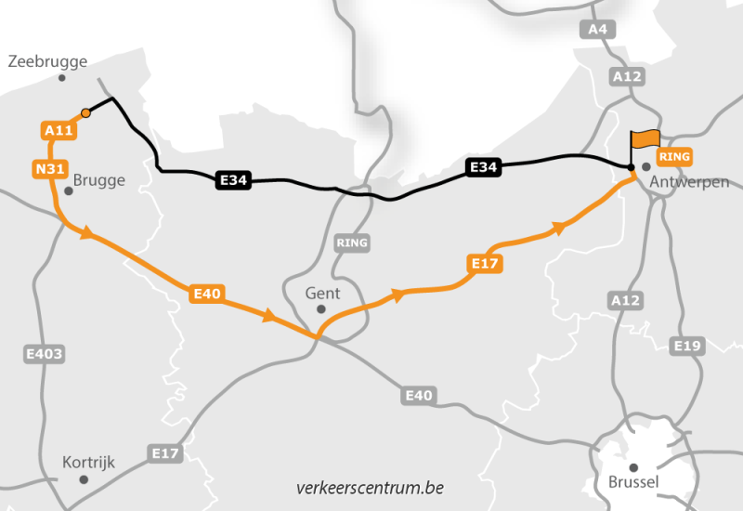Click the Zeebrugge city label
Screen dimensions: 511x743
pyautogui.click(x=47, y=61)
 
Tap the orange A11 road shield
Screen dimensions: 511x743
pyautogui.click(x=59, y=131)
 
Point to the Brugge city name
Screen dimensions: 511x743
pyautogui.click(x=98, y=180)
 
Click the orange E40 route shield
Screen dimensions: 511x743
pyautogui.click(x=206, y=294)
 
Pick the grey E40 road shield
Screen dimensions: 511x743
pyautogui.click(x=419, y=396)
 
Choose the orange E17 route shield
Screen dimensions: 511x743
pyautogui.click(x=486, y=265)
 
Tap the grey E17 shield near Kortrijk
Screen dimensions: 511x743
pyautogui.click(x=165, y=452)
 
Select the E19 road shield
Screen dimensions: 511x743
pyautogui.click(x=687, y=346)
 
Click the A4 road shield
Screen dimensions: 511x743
pyautogui.click(x=598, y=30)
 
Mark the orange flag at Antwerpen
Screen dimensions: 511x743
pyautogui.click(x=645, y=139)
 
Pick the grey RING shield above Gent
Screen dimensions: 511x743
pyautogui.click(x=352, y=242)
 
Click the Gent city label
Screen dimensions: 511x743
pyautogui.click(x=322, y=293)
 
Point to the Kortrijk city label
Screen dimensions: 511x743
pyautogui.click(x=88, y=462)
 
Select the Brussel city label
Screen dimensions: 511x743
pyautogui.click(x=633, y=482)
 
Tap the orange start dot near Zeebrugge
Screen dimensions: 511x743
pyautogui.click(x=85, y=112)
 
